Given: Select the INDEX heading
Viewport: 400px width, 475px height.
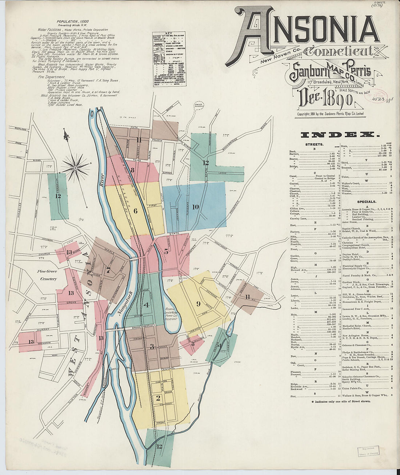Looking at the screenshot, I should pyautogui.click(x=340, y=135).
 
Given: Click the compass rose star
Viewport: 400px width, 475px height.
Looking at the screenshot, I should pyautogui.click(x=75, y=168).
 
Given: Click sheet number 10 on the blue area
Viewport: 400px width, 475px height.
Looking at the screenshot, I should pyautogui.click(x=196, y=207).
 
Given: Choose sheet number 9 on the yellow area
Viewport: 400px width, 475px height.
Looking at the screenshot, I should pyautogui.click(x=198, y=303).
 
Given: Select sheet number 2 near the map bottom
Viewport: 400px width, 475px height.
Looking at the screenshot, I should pyautogui.click(x=158, y=398).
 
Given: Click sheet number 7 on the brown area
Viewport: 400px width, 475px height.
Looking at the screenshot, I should pyautogui.click(x=108, y=270).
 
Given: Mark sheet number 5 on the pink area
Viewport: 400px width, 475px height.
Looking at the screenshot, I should pyautogui.click(x=166, y=251).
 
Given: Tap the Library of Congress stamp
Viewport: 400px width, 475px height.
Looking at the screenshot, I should pyautogui.click(x=368, y=451).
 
